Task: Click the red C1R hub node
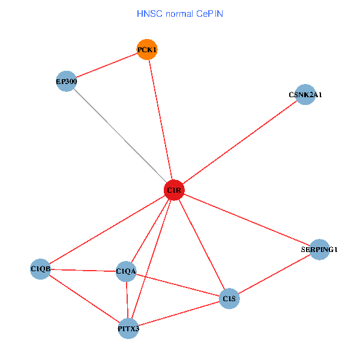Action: point(174,190)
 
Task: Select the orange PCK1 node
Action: point(147,49)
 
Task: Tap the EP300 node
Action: point(66,81)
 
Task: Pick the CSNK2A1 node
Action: point(305,94)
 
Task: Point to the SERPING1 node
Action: point(320,249)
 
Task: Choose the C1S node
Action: point(229,298)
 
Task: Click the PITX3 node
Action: point(128,328)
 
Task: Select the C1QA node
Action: point(126,272)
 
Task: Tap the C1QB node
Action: point(40,269)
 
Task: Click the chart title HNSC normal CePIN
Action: point(180,13)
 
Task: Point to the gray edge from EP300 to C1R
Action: point(120,136)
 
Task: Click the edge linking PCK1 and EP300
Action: point(106,65)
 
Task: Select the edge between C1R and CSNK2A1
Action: point(240,142)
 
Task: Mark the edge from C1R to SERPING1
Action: point(247,220)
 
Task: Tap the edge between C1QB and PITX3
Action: point(84,298)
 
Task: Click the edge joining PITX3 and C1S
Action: point(179,313)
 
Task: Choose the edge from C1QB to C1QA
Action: point(83,270)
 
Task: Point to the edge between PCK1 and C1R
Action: point(160,119)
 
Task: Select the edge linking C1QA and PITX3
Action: point(127,300)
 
